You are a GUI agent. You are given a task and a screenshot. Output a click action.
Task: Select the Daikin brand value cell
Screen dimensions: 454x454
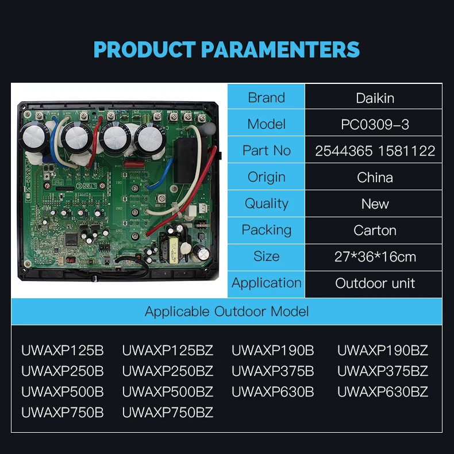[x=375, y=98]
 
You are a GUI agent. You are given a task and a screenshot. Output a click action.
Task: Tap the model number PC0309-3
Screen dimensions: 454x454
[x=375, y=124]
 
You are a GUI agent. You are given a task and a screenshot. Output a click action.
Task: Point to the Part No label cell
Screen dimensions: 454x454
[x=266, y=151]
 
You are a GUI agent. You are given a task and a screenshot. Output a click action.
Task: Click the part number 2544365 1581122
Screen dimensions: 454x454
[x=375, y=151]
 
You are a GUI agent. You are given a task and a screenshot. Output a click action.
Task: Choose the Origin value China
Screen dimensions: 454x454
[x=375, y=178]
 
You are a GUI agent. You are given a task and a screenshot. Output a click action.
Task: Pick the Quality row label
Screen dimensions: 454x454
[x=266, y=203]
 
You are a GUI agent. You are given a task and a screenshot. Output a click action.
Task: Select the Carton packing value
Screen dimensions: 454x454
[x=375, y=230]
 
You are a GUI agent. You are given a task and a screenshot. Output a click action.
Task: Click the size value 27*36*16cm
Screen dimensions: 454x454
[x=375, y=257]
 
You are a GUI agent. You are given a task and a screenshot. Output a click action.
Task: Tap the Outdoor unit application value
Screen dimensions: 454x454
[x=375, y=283]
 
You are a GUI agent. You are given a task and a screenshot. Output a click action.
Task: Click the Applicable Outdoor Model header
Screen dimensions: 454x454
[x=226, y=311]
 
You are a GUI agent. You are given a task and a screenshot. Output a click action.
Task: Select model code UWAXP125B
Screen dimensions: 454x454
[x=63, y=351]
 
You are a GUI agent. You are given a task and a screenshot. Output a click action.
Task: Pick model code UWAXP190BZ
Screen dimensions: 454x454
[x=382, y=351]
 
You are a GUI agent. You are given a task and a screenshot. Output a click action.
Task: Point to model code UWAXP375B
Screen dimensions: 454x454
[x=273, y=371]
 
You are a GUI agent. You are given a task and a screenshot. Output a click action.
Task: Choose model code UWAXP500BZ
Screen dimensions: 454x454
[x=168, y=392]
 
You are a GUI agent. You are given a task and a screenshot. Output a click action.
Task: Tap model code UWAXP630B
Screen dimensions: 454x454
[x=273, y=392]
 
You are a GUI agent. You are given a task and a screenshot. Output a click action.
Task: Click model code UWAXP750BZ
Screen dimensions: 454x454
[x=168, y=413]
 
